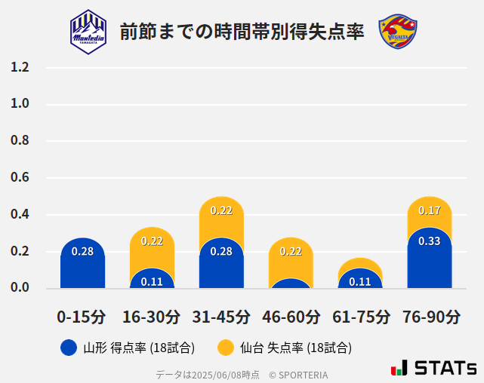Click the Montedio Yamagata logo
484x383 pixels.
pyautogui.click(x=88, y=32)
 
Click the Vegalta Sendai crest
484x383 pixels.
pyautogui.click(x=398, y=32)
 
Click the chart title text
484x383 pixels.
pyautogui.click(x=242, y=32)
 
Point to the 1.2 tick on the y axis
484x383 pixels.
pyautogui.click(x=20, y=67)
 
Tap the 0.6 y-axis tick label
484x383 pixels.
pyautogui.click(x=20, y=178)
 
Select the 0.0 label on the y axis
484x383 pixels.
pyautogui.click(x=20, y=287)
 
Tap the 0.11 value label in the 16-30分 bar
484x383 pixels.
pyautogui.click(x=152, y=281)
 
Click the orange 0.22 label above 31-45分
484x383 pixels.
pyautogui.click(x=221, y=210)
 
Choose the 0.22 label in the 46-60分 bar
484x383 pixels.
pyautogui.click(x=291, y=251)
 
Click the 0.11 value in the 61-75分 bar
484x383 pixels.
pyautogui.click(x=360, y=281)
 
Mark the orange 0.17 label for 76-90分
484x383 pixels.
pyautogui.click(x=430, y=210)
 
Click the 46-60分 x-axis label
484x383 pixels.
pyautogui.click(x=291, y=317)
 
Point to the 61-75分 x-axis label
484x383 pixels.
pyautogui.click(x=360, y=317)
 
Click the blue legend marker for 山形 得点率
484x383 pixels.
pyautogui.click(x=69, y=348)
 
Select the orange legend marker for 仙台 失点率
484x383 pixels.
pyautogui.click(x=225, y=348)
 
